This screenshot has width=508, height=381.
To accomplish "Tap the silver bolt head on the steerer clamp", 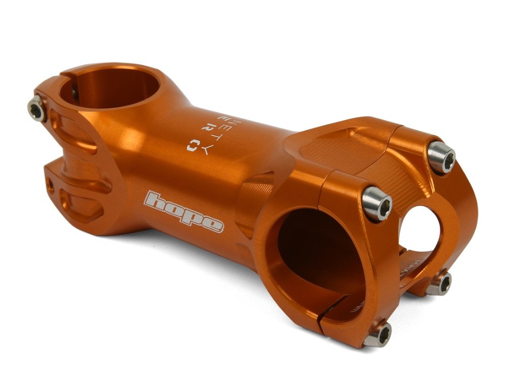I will [x=37, y=109].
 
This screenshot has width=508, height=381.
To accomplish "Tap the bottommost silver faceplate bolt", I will [x=377, y=335].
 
